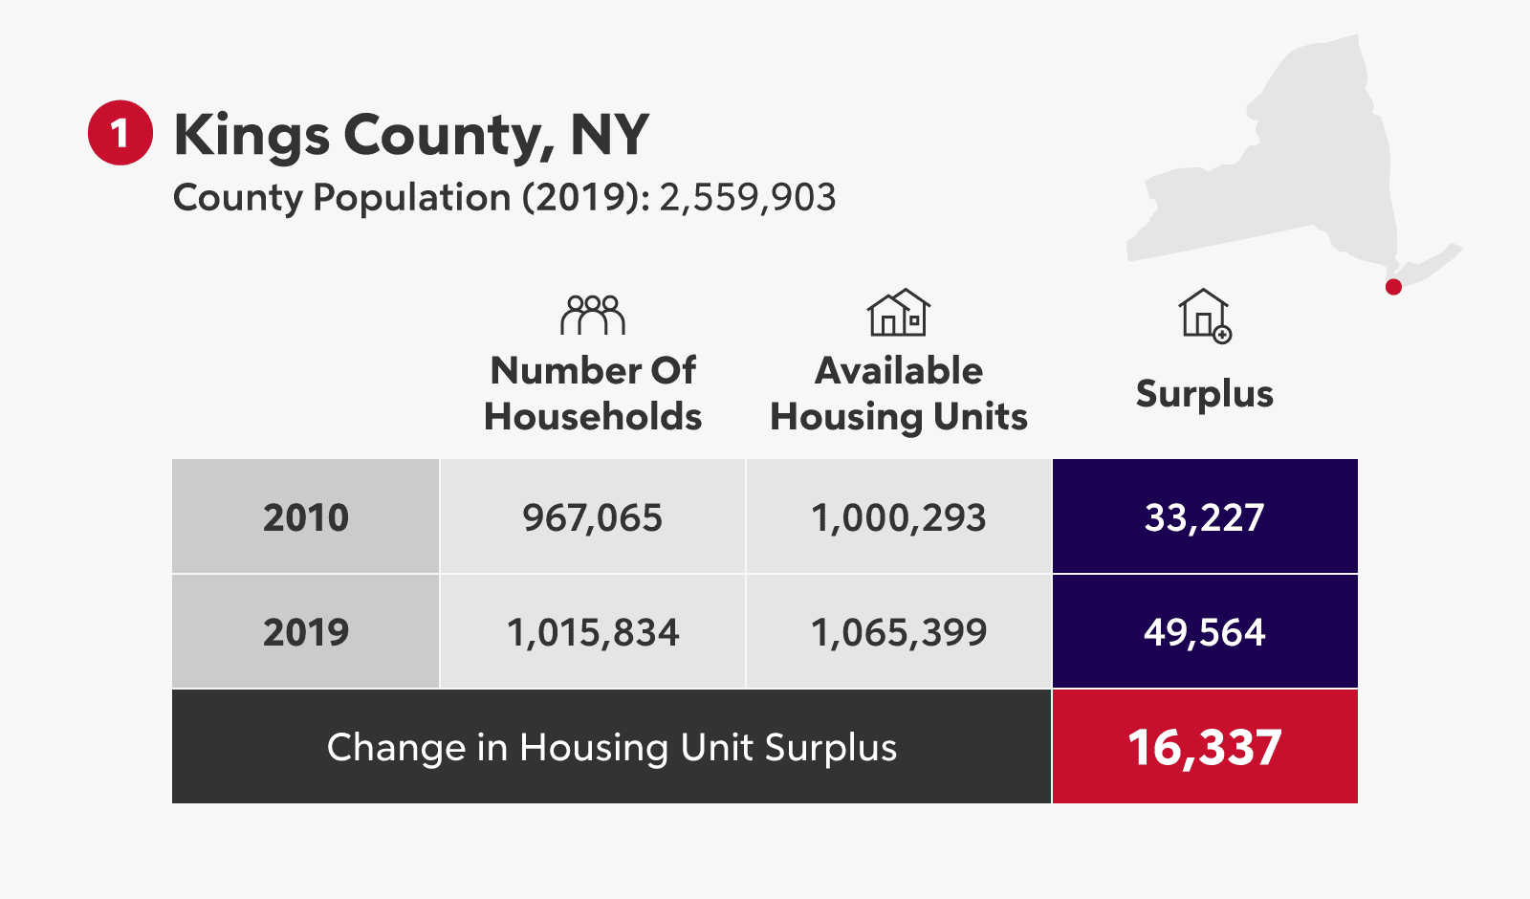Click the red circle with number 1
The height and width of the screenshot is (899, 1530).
120,133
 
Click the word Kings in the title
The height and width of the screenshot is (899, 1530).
251,136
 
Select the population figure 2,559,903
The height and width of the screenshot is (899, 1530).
747,198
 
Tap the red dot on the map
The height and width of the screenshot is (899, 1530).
1393,287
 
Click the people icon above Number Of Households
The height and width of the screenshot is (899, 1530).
593,315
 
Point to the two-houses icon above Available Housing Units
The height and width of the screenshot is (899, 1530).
898,313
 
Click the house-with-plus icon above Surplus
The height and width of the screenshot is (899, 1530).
1204,316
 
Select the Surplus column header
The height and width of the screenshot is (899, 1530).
1204,394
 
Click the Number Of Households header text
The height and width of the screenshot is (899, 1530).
593,393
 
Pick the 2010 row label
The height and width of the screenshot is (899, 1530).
306,517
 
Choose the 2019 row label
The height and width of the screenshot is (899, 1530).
306,632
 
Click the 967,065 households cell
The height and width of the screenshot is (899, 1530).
592,517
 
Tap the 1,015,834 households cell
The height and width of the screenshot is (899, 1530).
592,632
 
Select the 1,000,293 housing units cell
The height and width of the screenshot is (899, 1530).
898,517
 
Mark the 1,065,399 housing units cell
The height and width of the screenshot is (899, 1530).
898,632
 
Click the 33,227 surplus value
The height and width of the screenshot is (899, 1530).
1204,517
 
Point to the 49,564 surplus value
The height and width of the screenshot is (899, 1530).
1204,632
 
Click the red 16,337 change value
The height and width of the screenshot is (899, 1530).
1204,747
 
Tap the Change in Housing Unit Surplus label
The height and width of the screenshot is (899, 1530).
612,747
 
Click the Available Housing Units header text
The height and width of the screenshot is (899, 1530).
898,393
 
